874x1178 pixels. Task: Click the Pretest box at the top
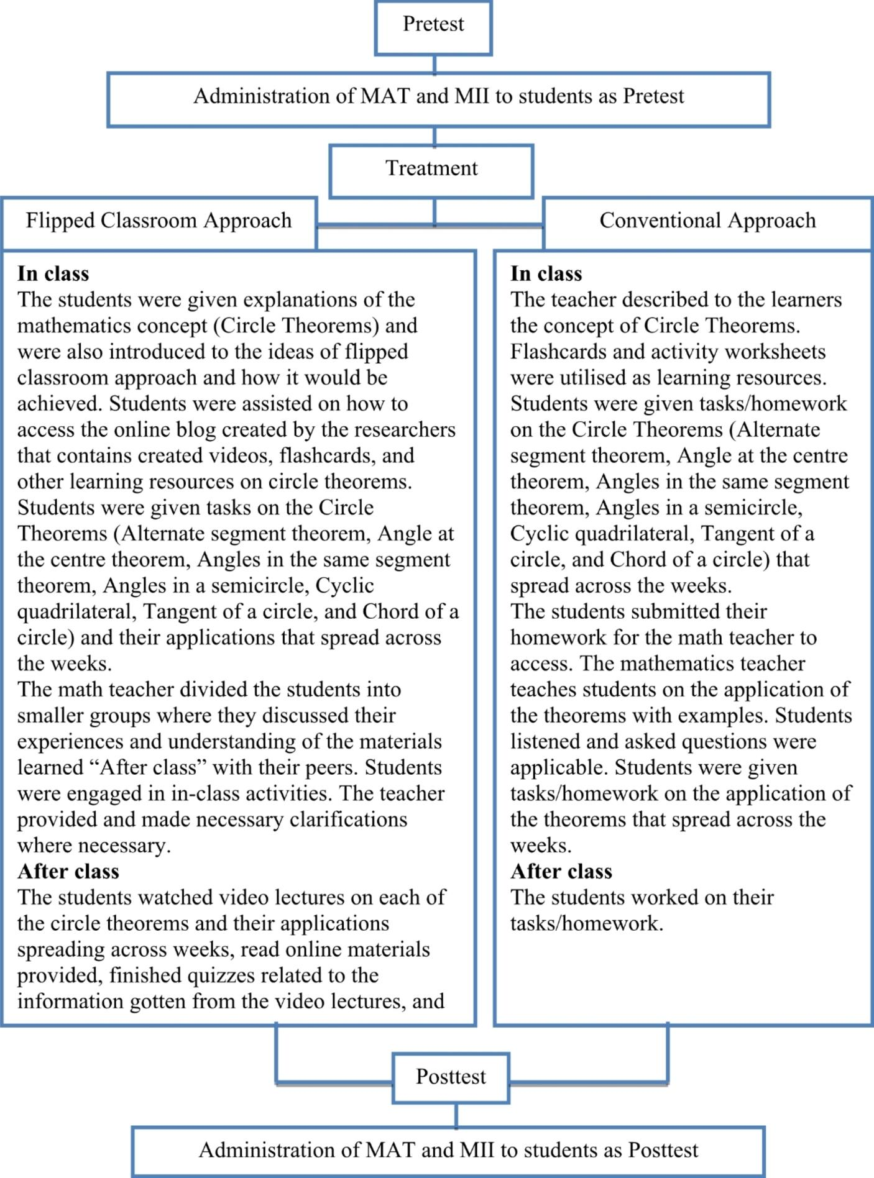tap(433, 25)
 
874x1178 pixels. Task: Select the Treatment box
tap(431, 169)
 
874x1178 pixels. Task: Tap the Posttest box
tap(451, 1077)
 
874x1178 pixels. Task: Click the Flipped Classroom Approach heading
tap(159, 221)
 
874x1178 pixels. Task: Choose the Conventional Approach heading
tap(707, 221)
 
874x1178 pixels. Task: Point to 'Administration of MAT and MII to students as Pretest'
tap(438, 97)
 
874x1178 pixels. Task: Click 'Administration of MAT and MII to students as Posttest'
tap(448, 1150)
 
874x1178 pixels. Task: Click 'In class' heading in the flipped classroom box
tap(53, 274)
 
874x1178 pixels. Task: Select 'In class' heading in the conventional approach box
tap(546, 274)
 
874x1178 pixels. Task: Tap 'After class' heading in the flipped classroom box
tap(68, 872)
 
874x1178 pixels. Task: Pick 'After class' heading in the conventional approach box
tap(561, 872)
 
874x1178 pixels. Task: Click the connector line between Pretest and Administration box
tap(434, 64)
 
